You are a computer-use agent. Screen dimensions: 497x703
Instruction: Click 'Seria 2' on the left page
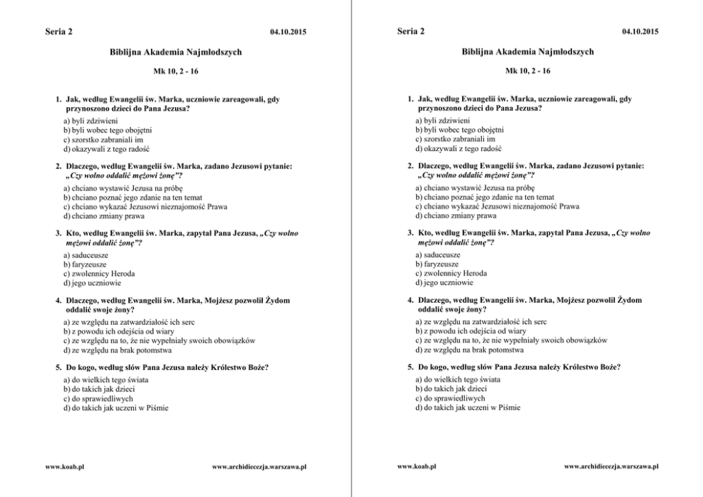(x=59, y=31)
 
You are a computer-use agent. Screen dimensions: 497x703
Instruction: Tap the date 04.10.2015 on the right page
(x=640, y=32)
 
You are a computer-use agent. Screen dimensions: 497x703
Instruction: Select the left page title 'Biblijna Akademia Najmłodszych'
(x=176, y=52)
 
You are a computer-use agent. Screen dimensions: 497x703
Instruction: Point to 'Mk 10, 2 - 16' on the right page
(x=528, y=71)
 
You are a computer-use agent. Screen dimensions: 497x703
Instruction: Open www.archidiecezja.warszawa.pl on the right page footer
(x=611, y=467)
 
